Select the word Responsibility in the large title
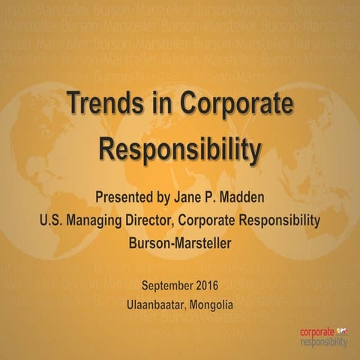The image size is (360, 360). pos(180,148)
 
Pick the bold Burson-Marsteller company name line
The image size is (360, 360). pos(180,243)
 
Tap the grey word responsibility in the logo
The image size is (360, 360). pos(323,342)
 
